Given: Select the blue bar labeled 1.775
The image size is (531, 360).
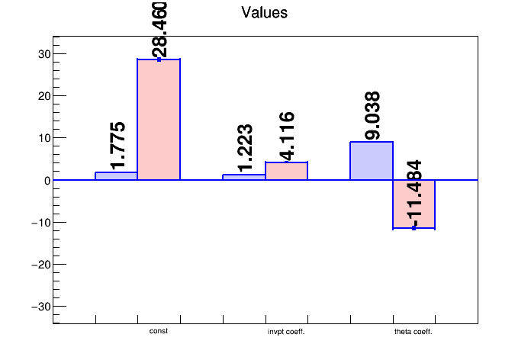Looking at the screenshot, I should [x=116, y=176].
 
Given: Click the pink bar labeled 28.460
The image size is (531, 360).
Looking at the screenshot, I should [x=159, y=119].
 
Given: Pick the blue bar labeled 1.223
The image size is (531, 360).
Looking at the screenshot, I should [x=244, y=177].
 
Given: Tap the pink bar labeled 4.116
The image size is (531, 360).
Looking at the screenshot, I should [x=286, y=171].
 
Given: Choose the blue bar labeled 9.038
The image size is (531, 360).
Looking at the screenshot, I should [x=372, y=161].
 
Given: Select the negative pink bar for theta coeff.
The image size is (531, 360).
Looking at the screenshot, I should [x=414, y=204].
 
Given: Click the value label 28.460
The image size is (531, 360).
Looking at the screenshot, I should [x=160, y=30].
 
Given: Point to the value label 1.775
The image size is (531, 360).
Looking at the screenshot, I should [x=117, y=145].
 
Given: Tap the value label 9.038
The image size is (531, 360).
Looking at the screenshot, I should [x=372, y=115].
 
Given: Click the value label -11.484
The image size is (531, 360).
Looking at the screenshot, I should [x=413, y=193].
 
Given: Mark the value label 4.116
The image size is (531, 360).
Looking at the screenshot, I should [x=286, y=136].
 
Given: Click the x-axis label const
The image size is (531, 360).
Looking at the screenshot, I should [x=159, y=332].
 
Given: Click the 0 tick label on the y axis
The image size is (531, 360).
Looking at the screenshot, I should [x=46, y=181].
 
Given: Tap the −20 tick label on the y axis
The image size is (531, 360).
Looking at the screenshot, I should [x=39, y=265].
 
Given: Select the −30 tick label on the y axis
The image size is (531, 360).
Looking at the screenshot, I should [x=39, y=307].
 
